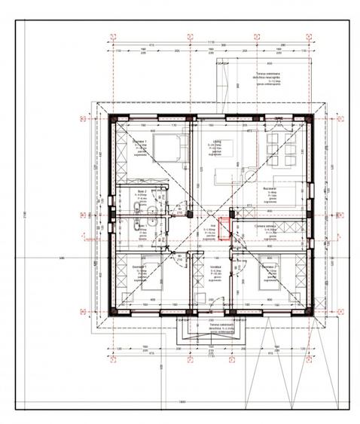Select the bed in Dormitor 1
[166, 148]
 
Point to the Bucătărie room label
[272, 189]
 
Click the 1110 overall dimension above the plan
[212, 43]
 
